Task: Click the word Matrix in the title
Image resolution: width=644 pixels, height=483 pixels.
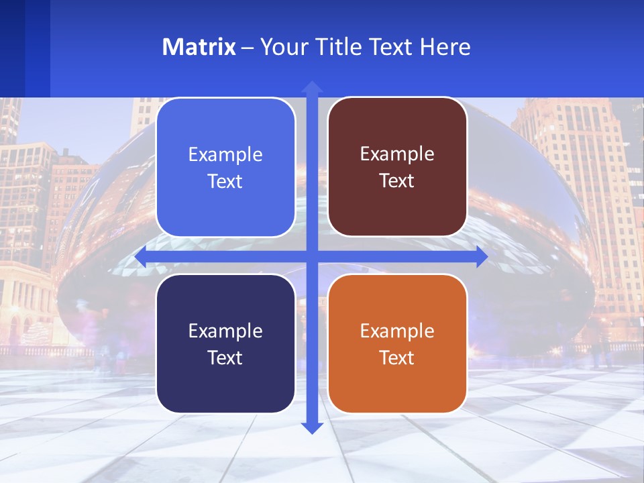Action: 199,47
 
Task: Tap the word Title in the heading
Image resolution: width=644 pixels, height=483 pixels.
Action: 339,47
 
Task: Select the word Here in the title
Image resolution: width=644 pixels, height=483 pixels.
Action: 445,47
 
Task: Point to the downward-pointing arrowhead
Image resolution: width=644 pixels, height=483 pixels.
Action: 312,427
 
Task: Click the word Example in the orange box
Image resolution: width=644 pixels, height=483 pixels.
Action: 397,331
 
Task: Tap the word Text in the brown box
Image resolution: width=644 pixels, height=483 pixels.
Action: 397,181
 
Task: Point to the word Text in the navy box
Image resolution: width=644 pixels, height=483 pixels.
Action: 225,358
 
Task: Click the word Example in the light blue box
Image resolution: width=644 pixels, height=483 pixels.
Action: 225,154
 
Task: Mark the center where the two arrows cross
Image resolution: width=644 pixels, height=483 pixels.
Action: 312,257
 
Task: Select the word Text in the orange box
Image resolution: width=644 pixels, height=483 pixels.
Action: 397,358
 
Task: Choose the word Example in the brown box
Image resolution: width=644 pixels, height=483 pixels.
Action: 397,154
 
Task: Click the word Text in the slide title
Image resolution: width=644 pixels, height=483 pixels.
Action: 392,47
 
